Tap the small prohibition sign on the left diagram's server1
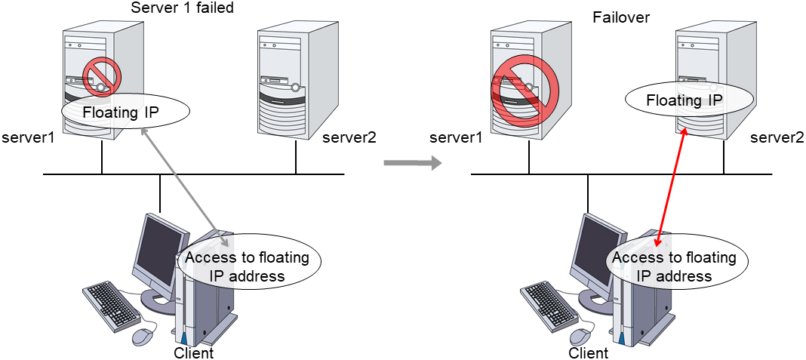(x=101, y=77)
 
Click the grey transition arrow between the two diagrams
(x=412, y=162)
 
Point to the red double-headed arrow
(x=672, y=187)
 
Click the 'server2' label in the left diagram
(x=349, y=138)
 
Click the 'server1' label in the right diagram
(x=456, y=138)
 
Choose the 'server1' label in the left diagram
(x=28, y=138)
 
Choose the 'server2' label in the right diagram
(x=777, y=138)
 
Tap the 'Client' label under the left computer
(x=194, y=352)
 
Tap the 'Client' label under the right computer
(x=589, y=352)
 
